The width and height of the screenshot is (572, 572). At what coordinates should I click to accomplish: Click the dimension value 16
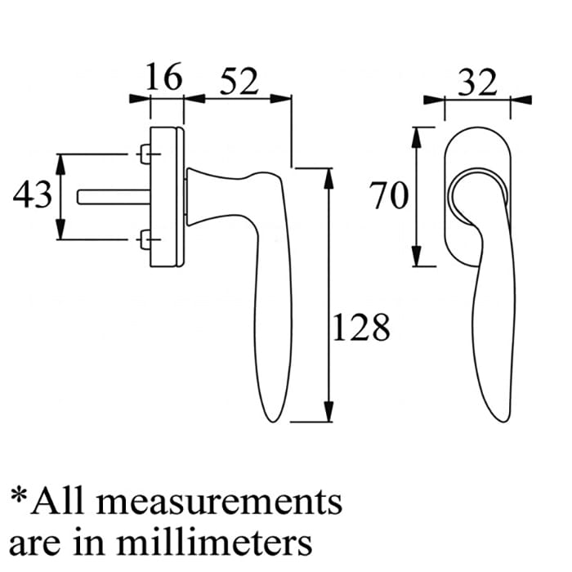tap(163, 80)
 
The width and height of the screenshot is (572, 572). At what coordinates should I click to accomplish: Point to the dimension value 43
tap(33, 195)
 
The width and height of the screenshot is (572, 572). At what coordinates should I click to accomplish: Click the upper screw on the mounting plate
tap(145, 153)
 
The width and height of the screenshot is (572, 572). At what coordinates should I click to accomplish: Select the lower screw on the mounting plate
tap(145, 239)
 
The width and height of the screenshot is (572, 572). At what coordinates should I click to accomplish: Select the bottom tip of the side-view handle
tap(275, 422)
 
